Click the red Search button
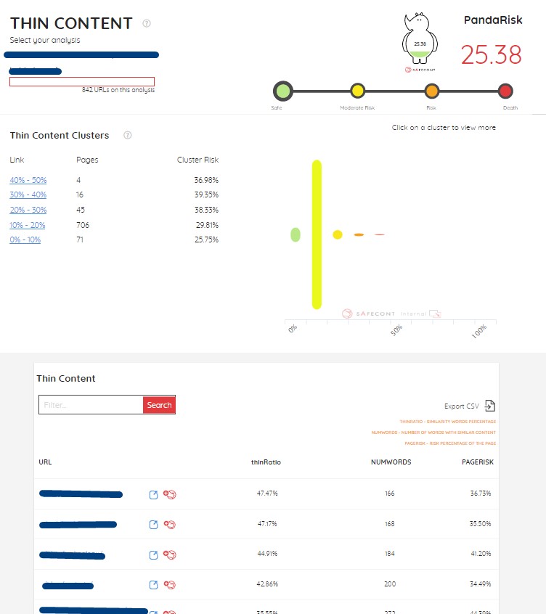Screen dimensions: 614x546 pos(159,405)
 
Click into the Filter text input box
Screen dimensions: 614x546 pos(91,405)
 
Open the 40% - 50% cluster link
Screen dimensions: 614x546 pos(28,180)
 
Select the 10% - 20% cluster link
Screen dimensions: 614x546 pos(28,225)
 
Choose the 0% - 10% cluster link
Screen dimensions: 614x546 pos(25,240)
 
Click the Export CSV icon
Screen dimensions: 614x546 pos(490,406)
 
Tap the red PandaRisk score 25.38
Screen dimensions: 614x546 pos(492,55)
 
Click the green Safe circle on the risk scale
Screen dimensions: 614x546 pos(282,91)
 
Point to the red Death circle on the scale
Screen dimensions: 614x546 pos(505,91)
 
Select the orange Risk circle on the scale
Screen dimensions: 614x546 pos(432,91)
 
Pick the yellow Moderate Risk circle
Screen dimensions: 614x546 pos(357,91)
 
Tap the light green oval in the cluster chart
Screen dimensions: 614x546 pos(296,234)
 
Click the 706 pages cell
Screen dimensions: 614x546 pos(83,225)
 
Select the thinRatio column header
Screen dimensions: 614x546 pos(266,462)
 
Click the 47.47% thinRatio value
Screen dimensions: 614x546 pos(267,494)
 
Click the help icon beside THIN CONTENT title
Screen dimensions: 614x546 pos(147,23)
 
